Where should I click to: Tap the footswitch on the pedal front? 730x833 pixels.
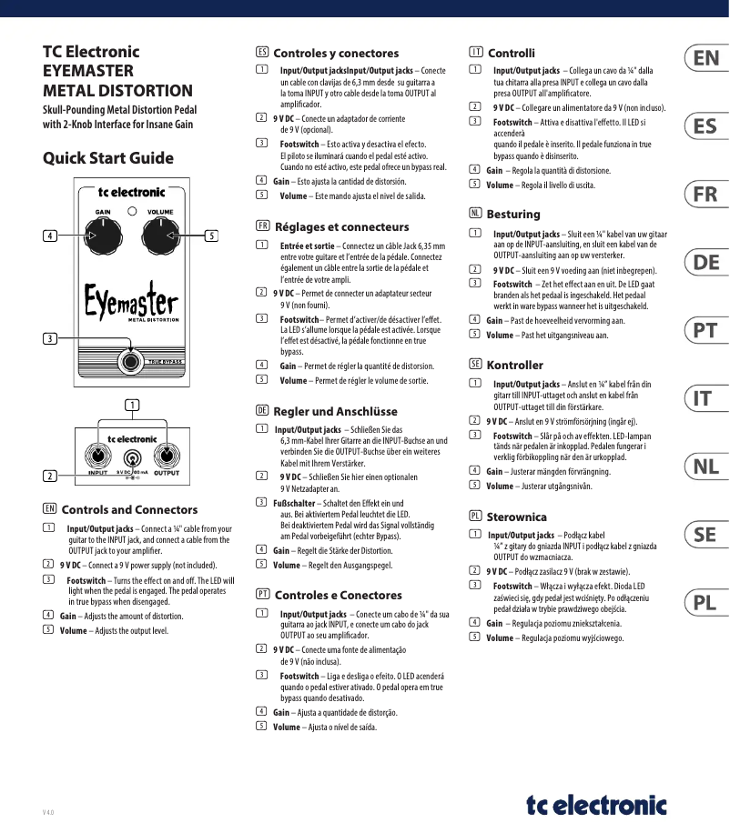131,360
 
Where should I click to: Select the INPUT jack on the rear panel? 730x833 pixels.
96,456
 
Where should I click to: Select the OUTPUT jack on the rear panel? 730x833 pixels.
166,456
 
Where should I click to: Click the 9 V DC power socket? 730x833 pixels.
132,458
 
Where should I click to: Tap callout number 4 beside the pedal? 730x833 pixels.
50,236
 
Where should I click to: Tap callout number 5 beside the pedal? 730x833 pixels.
211,236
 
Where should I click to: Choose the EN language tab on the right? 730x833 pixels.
705,58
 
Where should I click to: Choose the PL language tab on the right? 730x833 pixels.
705,603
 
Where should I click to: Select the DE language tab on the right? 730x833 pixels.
705,263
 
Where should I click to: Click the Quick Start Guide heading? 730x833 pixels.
108,158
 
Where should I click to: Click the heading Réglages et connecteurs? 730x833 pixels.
341,226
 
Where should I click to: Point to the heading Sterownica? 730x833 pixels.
516,516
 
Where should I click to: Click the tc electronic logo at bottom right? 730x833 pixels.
596,804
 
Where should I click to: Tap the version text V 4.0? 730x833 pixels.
48,811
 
